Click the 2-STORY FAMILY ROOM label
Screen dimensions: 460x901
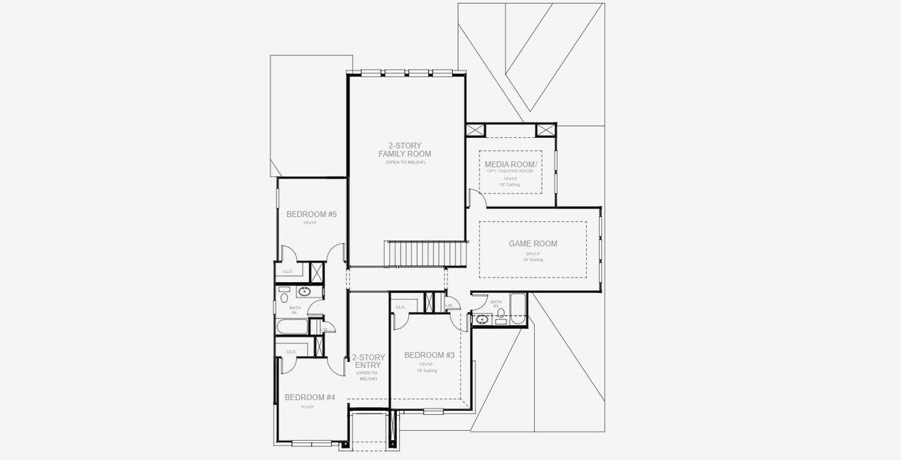(405, 149)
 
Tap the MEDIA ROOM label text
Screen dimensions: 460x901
(511, 165)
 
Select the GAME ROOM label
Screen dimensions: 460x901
(532, 244)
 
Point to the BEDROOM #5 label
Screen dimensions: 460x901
(311, 215)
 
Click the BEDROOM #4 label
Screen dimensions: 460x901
(310, 397)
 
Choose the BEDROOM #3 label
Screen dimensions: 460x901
(429, 355)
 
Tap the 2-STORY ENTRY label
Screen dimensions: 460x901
(368, 362)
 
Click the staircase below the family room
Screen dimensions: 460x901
(426, 252)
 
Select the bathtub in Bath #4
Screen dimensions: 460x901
(292, 327)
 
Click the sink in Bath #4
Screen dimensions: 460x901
(304, 291)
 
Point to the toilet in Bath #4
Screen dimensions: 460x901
(283, 297)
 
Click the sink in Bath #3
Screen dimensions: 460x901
(482, 320)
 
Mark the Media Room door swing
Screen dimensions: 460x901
(477, 199)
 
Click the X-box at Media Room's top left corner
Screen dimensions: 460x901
(475, 130)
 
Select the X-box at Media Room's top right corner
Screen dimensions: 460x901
(545, 130)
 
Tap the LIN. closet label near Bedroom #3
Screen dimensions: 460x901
(449, 306)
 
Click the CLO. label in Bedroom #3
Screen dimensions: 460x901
(400, 307)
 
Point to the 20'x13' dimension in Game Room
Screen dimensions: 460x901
(532, 254)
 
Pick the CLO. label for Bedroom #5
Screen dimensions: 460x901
(288, 271)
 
